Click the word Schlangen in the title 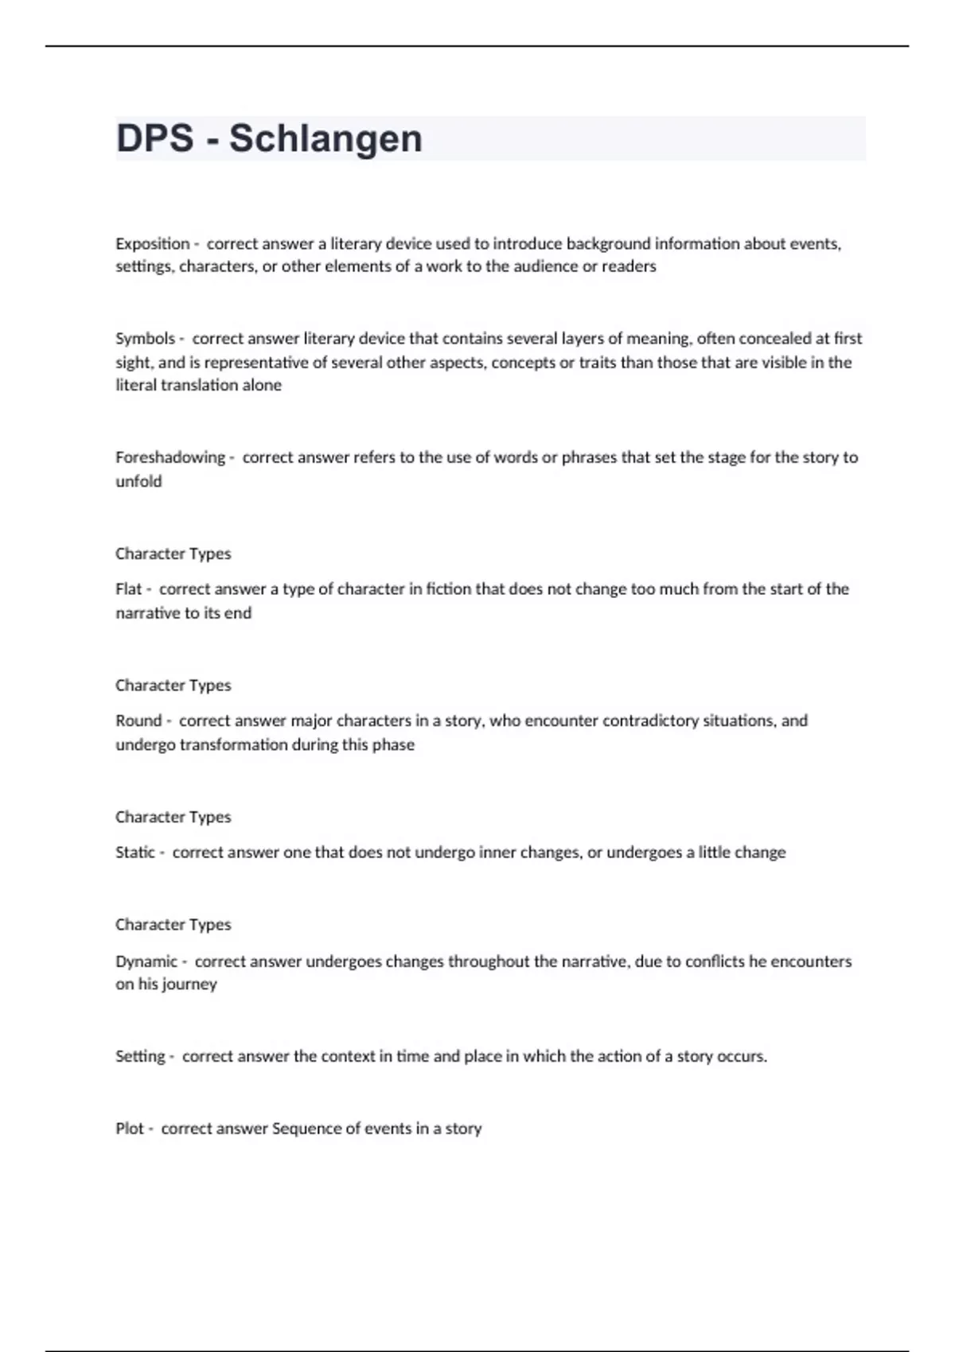[325, 138]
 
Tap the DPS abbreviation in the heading [154, 138]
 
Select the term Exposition [153, 244]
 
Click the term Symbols [145, 339]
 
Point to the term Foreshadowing [170, 457]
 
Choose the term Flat [128, 589]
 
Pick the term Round [138, 721]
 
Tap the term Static [135, 853]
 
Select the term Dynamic [146, 962]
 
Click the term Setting [140, 1057]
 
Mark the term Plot [130, 1129]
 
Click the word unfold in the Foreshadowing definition [138, 481]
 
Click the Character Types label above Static [173, 817]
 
